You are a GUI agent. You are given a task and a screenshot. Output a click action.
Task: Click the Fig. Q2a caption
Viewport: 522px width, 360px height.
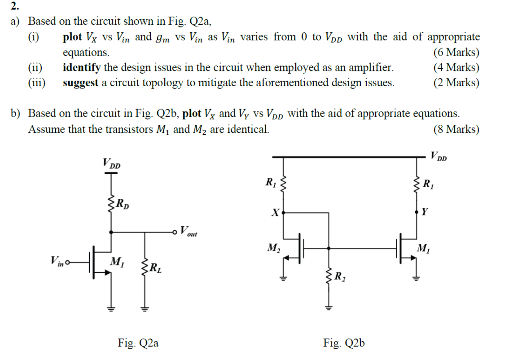pyautogui.click(x=138, y=343)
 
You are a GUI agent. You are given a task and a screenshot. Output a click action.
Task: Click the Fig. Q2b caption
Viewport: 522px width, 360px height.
pyautogui.click(x=344, y=343)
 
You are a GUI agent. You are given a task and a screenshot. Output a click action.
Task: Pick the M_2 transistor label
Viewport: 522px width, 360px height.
pyautogui.click(x=273, y=248)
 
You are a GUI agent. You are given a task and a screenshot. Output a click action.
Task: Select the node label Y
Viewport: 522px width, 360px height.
pyautogui.click(x=425, y=212)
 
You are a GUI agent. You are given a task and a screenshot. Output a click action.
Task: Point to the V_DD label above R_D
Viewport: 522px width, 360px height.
pyautogui.click(x=111, y=163)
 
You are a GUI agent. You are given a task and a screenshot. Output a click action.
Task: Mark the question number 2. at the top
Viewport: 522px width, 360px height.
pyautogui.click(x=15, y=6)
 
